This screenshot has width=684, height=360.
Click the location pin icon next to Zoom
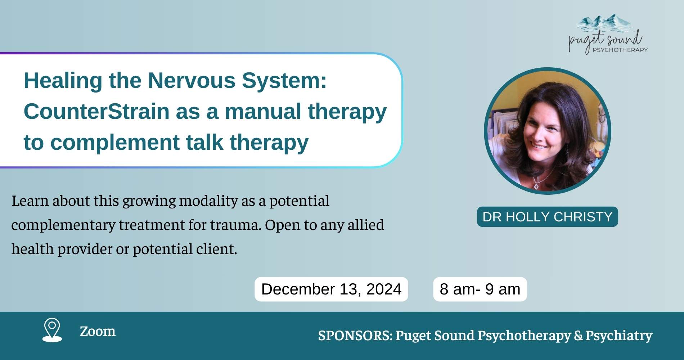click(x=52, y=329)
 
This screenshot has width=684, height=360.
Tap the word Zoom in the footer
click(x=98, y=331)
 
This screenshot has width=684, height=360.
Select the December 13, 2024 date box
click(x=331, y=289)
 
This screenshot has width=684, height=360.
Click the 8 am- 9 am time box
click(x=480, y=289)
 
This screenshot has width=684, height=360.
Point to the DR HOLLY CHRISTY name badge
click(x=547, y=217)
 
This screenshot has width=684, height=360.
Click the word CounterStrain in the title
click(x=96, y=111)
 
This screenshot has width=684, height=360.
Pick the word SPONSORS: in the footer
click(x=355, y=335)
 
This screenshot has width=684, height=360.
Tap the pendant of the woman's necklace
click(x=536, y=186)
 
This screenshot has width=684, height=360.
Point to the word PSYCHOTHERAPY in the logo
click(x=620, y=50)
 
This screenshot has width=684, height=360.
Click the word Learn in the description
click(x=30, y=201)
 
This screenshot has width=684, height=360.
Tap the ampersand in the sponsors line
click(x=579, y=335)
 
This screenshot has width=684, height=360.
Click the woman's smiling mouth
click(x=539, y=147)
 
